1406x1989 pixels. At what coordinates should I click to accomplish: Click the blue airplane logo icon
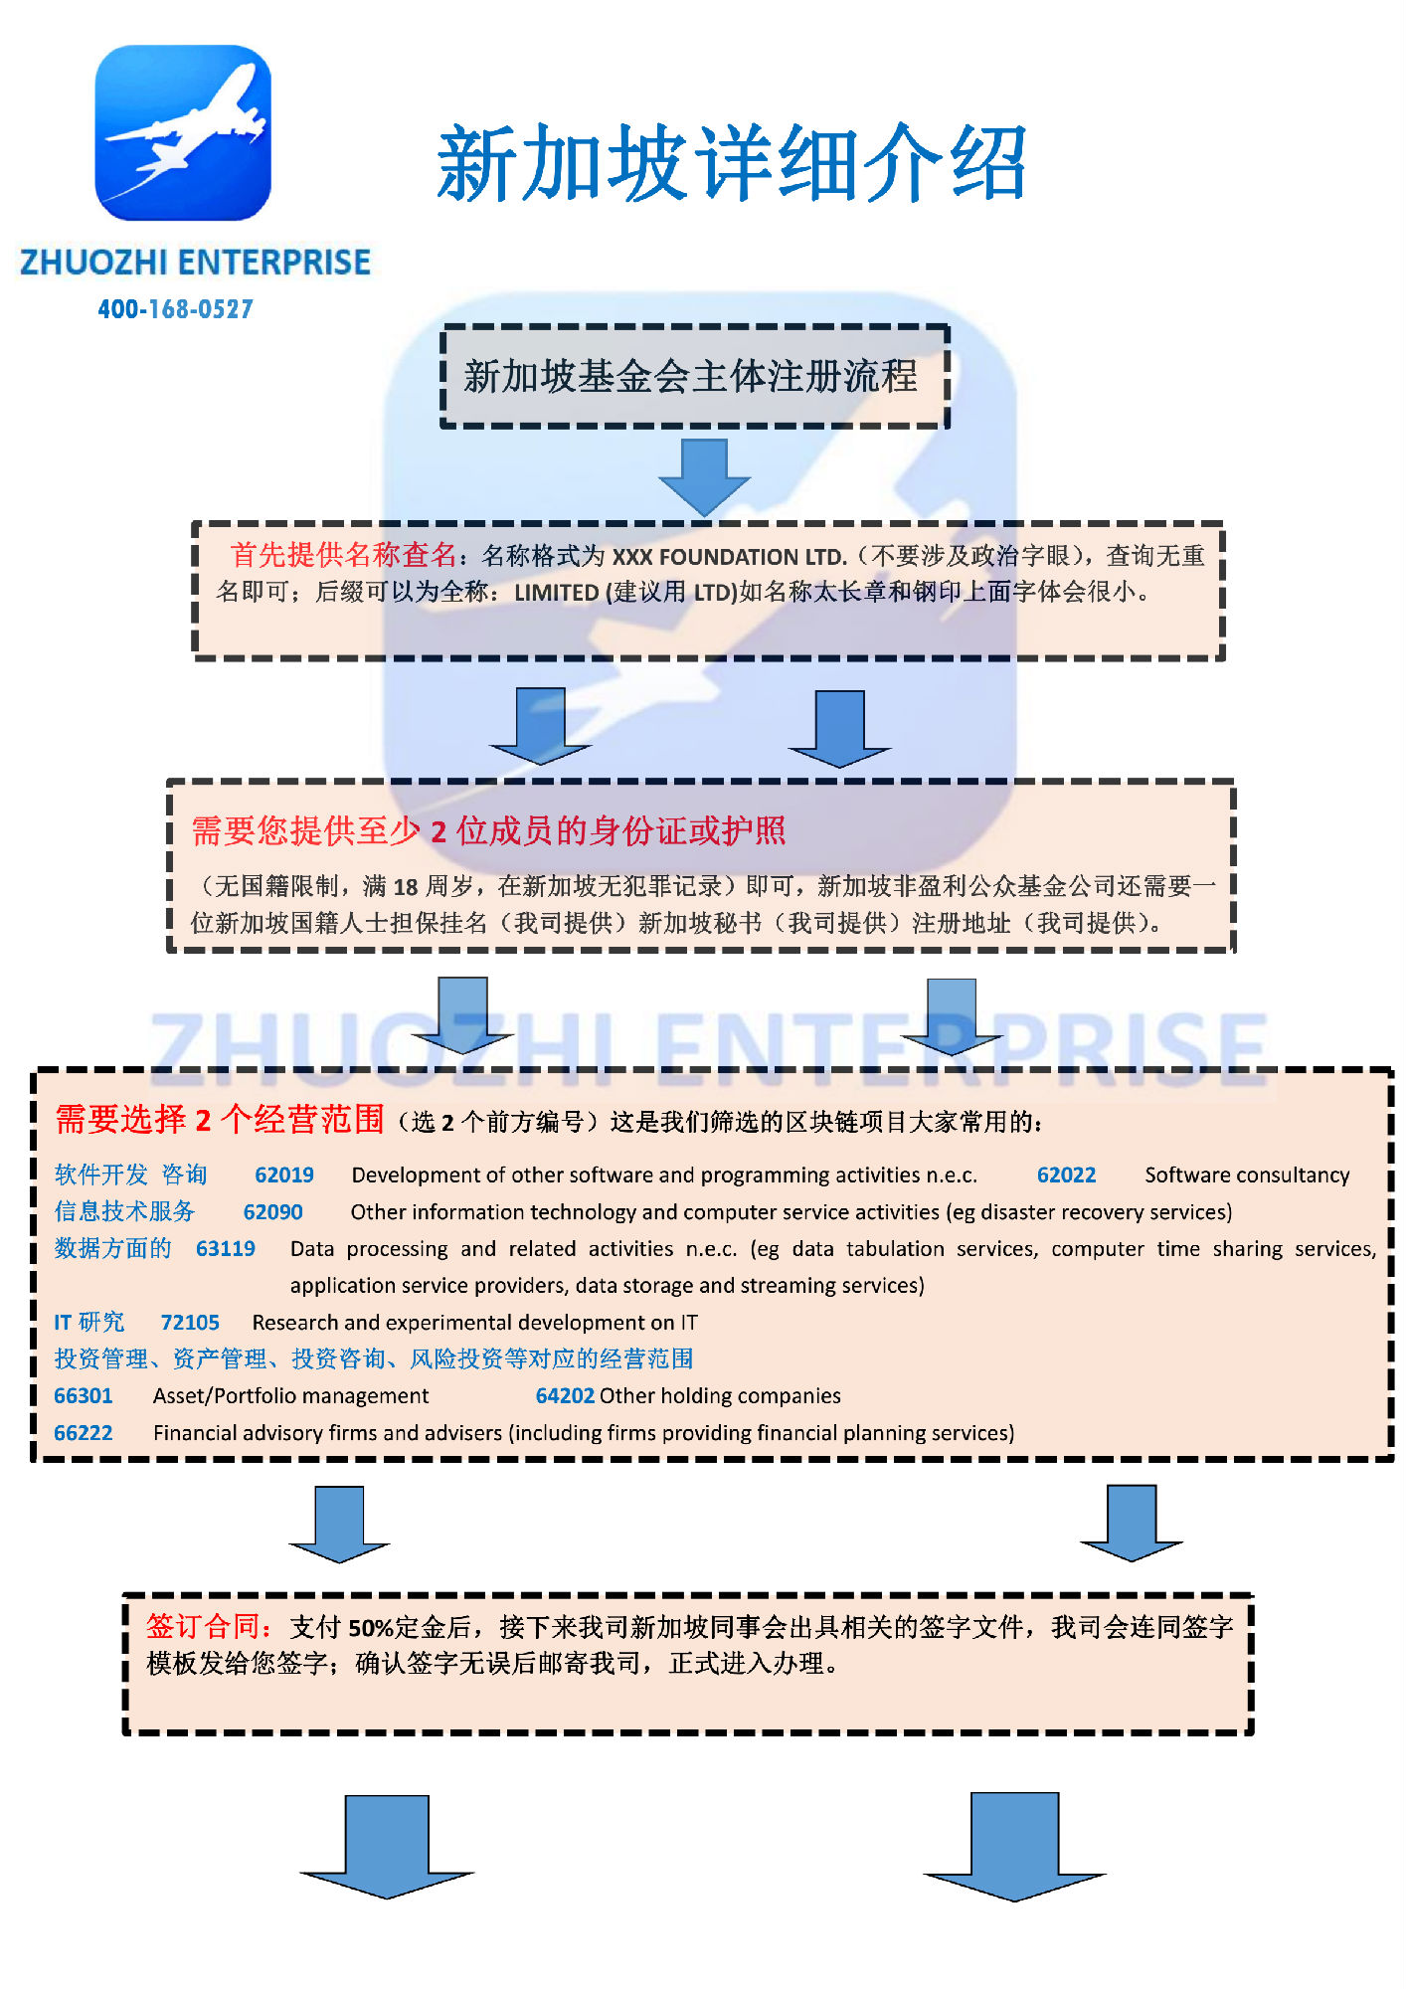tap(183, 132)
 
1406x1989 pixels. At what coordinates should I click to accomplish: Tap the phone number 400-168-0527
tap(176, 309)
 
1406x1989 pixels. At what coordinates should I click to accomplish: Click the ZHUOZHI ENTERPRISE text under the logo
tap(195, 262)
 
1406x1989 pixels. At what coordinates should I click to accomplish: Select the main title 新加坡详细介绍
tap(732, 163)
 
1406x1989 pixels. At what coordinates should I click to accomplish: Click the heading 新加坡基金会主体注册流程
tap(691, 376)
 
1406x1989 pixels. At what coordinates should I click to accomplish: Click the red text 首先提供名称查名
tap(343, 554)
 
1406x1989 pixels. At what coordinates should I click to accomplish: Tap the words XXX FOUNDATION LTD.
tap(729, 556)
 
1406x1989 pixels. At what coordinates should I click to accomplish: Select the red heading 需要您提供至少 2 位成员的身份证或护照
tap(488, 830)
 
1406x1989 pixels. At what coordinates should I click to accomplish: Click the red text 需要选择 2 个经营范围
tap(219, 1119)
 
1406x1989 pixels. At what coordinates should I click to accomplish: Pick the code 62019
tap(284, 1175)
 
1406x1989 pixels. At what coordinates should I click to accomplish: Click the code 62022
tap(1066, 1175)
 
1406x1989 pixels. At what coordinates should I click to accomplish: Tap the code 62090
tap(273, 1211)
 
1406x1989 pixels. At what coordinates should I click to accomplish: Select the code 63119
tap(226, 1248)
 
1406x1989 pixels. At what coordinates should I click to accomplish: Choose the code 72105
tap(190, 1322)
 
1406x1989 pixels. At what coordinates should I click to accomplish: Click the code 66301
tap(84, 1395)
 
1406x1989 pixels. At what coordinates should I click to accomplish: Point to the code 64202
tap(565, 1395)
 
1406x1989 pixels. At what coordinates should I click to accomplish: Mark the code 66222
tap(84, 1432)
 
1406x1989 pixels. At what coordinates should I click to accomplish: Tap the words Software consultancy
tap(1247, 1175)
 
